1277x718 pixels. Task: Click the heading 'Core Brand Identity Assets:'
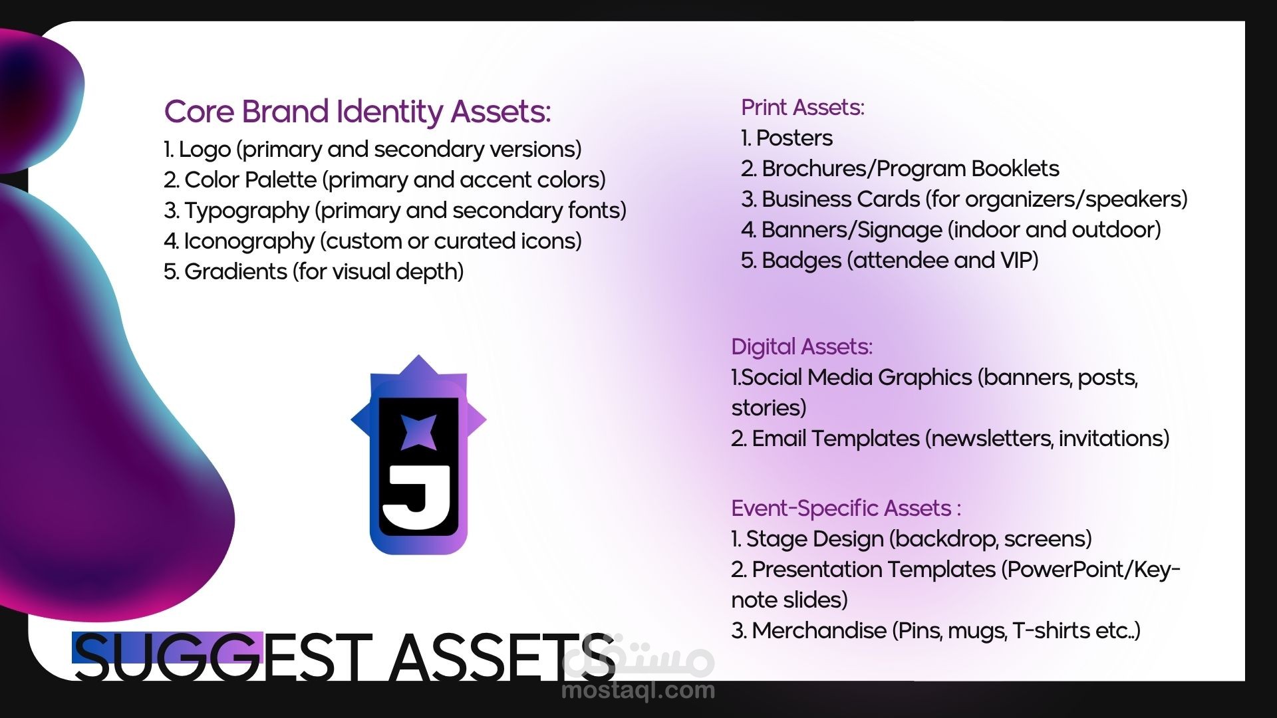[357, 112]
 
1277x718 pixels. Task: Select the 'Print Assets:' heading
[803, 107]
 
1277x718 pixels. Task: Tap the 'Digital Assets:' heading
[801, 346]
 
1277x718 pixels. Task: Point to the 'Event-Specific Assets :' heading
[846, 508]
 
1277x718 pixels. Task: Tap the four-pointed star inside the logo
[419, 431]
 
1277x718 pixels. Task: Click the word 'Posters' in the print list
[794, 138]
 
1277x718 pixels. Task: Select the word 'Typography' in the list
[247, 211]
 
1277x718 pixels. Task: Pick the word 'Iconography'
[249, 241]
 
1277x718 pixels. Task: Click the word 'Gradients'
[235, 271]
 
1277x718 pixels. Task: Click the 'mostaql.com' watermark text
[638, 691]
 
